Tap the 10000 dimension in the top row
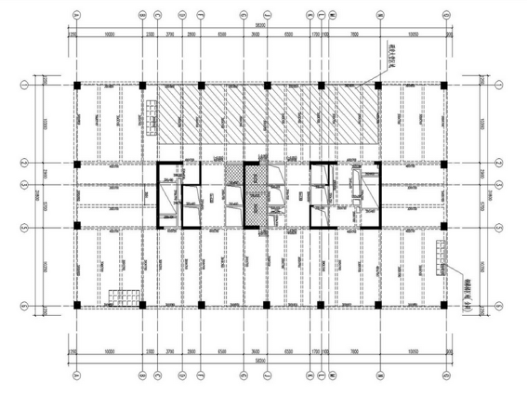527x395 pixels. [109, 33]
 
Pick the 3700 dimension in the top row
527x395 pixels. [169, 33]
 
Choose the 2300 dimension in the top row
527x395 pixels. [150, 33]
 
